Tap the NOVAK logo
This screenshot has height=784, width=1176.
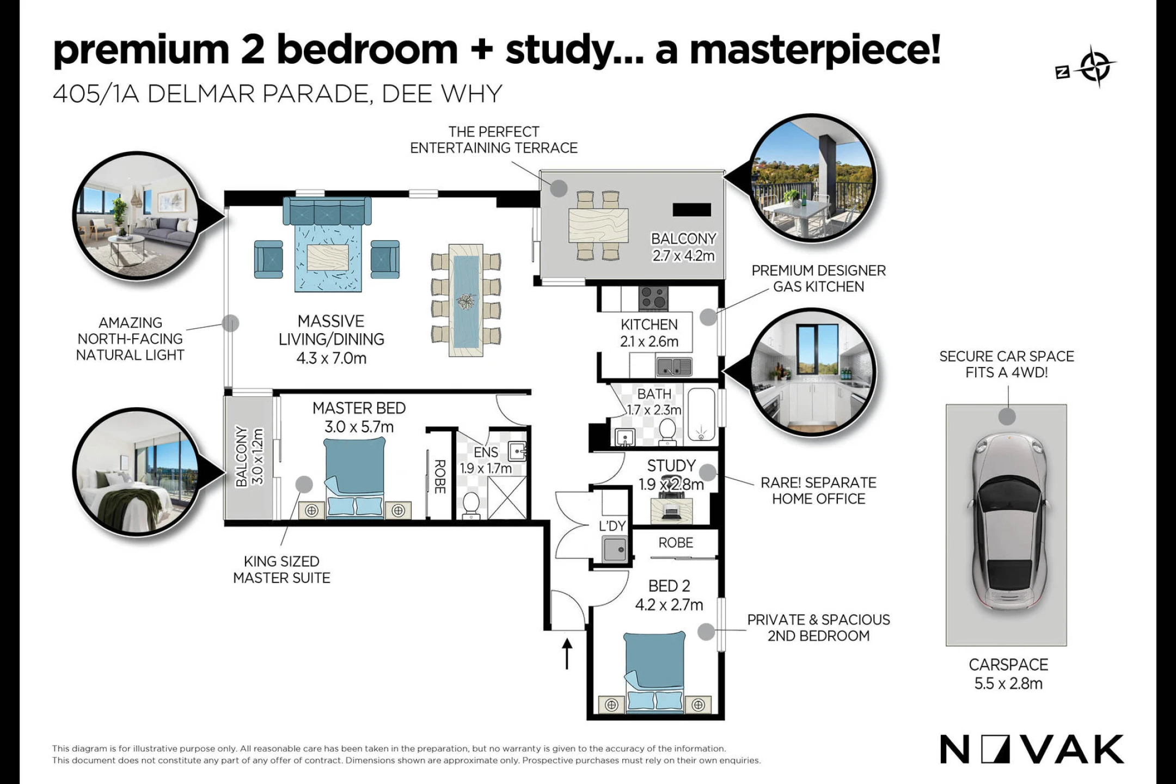1032,749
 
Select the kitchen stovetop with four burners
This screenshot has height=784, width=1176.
653,297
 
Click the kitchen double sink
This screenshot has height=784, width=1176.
674,366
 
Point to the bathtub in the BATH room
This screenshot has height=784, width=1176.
701,415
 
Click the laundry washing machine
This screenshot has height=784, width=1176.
615,549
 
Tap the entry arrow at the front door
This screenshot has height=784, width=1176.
567,654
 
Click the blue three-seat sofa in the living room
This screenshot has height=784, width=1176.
327,211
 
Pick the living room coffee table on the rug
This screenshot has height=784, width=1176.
328,258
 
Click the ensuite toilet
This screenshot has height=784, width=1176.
471,506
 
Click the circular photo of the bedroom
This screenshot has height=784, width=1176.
136,472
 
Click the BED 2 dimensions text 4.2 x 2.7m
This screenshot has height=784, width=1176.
669,604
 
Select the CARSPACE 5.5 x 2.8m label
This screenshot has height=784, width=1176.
1008,674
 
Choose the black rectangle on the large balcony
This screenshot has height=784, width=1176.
691,210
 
